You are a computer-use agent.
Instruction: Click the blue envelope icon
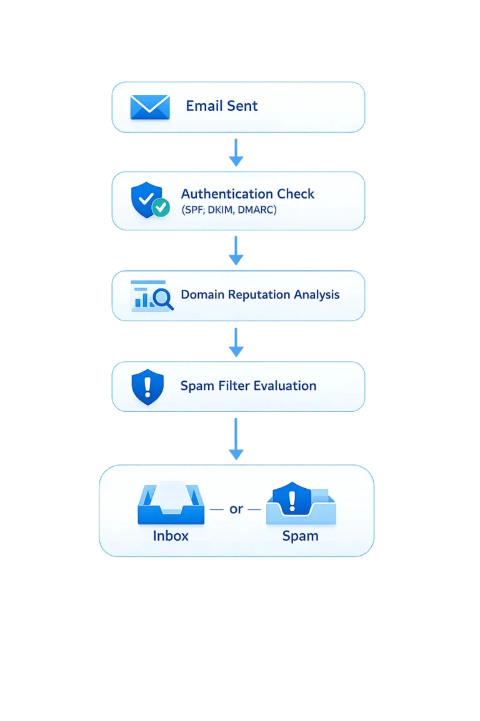[150, 107]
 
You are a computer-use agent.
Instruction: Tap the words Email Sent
[221, 106]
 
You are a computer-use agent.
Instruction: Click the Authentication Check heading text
[247, 194]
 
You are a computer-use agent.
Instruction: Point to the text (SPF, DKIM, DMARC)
[229, 211]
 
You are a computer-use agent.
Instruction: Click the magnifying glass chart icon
[152, 295]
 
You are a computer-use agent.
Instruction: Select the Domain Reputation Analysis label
[260, 294]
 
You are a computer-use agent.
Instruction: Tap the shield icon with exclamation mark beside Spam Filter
[147, 387]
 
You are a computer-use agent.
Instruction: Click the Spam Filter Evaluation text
[248, 386]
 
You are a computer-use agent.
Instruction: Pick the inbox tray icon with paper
[171, 503]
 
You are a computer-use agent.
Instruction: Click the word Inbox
[171, 536]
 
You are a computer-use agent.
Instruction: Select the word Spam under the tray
[301, 536]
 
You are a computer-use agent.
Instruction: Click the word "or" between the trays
[236, 509]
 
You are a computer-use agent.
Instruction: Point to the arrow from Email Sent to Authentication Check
[236, 152]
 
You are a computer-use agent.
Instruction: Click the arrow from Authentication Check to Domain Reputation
[236, 250]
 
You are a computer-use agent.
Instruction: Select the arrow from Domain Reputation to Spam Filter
[236, 342]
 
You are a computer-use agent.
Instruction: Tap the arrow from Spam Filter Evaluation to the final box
[236, 438]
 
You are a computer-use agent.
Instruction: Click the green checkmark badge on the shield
[161, 208]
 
